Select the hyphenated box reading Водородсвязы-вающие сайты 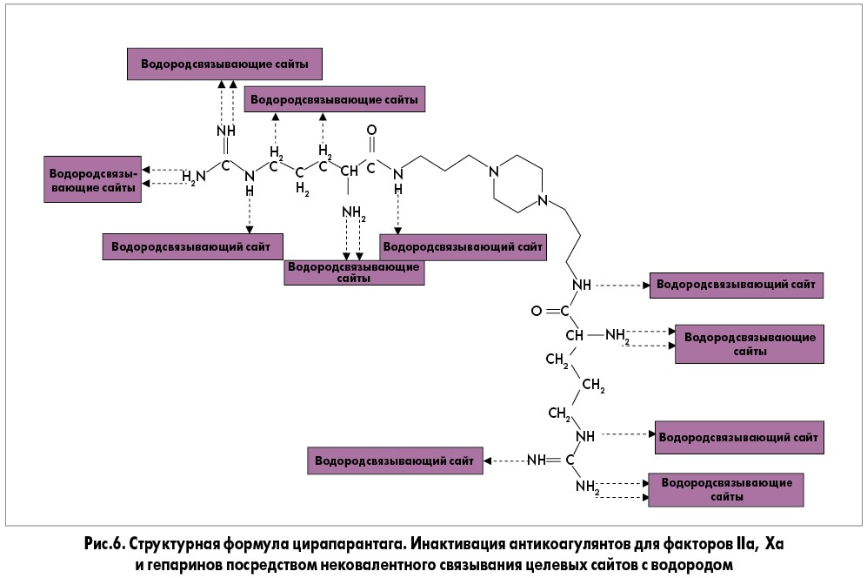point(92,179)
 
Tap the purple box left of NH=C point(393,460)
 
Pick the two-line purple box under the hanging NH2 point(354,272)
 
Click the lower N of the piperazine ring point(544,201)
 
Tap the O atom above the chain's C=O point(372,131)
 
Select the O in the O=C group point(537,311)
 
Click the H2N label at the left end point(194,177)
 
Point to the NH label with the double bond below point(225,131)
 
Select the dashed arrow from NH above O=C point(622,285)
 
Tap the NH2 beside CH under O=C point(617,335)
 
